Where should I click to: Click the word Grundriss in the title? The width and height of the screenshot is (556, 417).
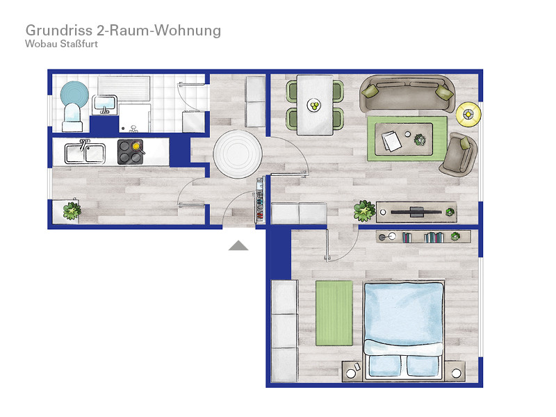(x=59, y=31)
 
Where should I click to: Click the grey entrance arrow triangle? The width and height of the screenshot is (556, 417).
(x=238, y=245)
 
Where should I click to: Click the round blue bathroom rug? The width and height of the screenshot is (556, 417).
(x=74, y=93)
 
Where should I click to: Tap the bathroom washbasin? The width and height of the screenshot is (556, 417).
(x=105, y=105)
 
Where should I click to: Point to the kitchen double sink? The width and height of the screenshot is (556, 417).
(x=85, y=153)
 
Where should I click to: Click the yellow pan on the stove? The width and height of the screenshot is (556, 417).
(x=136, y=146)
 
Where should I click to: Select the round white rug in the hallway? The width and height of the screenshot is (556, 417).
(x=238, y=154)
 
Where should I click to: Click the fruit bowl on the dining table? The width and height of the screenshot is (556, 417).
(x=314, y=105)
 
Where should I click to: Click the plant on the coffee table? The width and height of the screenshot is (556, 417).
(x=420, y=140)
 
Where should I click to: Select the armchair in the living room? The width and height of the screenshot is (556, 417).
(x=459, y=154)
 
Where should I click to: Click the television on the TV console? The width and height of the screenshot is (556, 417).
(x=416, y=212)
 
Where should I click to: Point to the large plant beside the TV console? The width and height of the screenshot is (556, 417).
(x=364, y=211)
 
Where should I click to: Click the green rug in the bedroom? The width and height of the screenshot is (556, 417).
(x=334, y=313)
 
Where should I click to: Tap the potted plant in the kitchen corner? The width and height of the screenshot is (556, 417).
(x=72, y=211)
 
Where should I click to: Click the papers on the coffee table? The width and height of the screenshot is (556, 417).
(x=391, y=141)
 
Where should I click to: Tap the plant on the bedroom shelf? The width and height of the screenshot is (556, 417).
(x=455, y=236)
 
